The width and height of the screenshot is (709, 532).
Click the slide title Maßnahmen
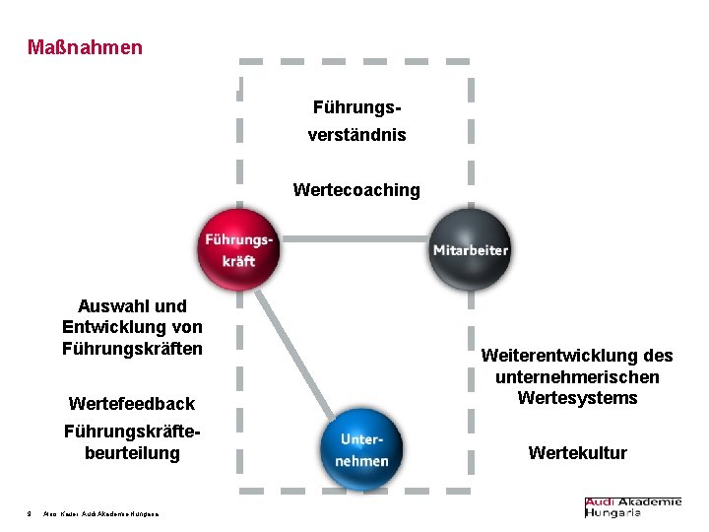click(x=85, y=47)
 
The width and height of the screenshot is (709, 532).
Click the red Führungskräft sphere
click(x=237, y=249)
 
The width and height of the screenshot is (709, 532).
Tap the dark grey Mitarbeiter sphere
click(x=470, y=249)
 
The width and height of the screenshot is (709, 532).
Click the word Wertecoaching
click(x=355, y=189)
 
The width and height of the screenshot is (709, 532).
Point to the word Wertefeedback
click(x=132, y=403)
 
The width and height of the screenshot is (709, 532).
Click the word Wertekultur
click(x=577, y=453)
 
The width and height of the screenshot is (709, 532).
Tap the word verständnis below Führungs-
click(x=355, y=134)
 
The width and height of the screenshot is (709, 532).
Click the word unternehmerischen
click(x=577, y=377)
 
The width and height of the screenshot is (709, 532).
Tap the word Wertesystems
click(x=577, y=398)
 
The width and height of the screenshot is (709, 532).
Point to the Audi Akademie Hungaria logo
click(x=632, y=507)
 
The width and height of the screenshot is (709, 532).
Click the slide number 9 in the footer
click(x=30, y=512)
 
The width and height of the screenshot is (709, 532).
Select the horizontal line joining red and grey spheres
click(x=354, y=238)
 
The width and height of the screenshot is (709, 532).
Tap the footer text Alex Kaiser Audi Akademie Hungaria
click(x=101, y=512)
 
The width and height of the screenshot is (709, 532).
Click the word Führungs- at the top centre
click(x=355, y=105)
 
